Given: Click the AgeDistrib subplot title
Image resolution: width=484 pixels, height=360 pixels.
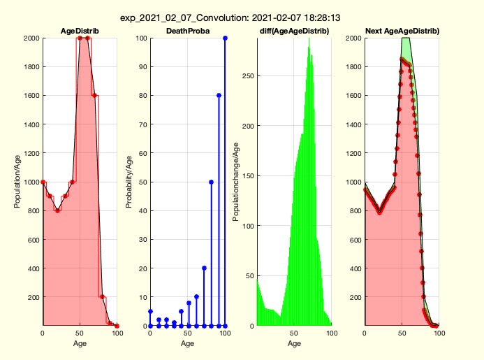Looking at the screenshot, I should tap(80, 31).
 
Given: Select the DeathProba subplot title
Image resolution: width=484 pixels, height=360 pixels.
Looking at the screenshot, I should tap(186, 31).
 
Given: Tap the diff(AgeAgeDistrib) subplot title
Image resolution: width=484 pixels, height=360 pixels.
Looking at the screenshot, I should tap(294, 31).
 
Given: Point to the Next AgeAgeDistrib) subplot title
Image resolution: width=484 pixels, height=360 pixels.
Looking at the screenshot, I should tap(402, 31).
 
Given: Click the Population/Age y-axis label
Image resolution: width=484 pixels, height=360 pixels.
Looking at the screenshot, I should tap(17, 182).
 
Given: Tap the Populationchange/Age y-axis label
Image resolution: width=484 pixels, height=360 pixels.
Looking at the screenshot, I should tap(236, 182).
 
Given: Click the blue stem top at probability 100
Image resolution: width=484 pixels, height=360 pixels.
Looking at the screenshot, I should tap(226, 38).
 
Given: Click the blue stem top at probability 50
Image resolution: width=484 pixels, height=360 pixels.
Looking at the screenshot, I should tap(211, 182).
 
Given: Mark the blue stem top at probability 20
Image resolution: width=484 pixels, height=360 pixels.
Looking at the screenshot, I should tap(203, 268).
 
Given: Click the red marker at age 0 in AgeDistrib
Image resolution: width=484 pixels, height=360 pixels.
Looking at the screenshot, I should tap(43, 182).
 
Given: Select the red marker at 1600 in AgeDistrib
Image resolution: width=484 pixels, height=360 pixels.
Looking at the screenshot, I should tap(94, 95).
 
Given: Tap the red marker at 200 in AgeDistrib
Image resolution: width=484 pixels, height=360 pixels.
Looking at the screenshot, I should tap(102, 297).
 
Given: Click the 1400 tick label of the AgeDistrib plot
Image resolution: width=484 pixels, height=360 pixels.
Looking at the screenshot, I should tap(29, 124).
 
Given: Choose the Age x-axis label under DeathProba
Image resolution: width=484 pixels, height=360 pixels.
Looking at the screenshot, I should tap(187, 343).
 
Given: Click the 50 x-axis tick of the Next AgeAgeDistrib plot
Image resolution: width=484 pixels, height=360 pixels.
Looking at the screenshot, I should tap(402, 333).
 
